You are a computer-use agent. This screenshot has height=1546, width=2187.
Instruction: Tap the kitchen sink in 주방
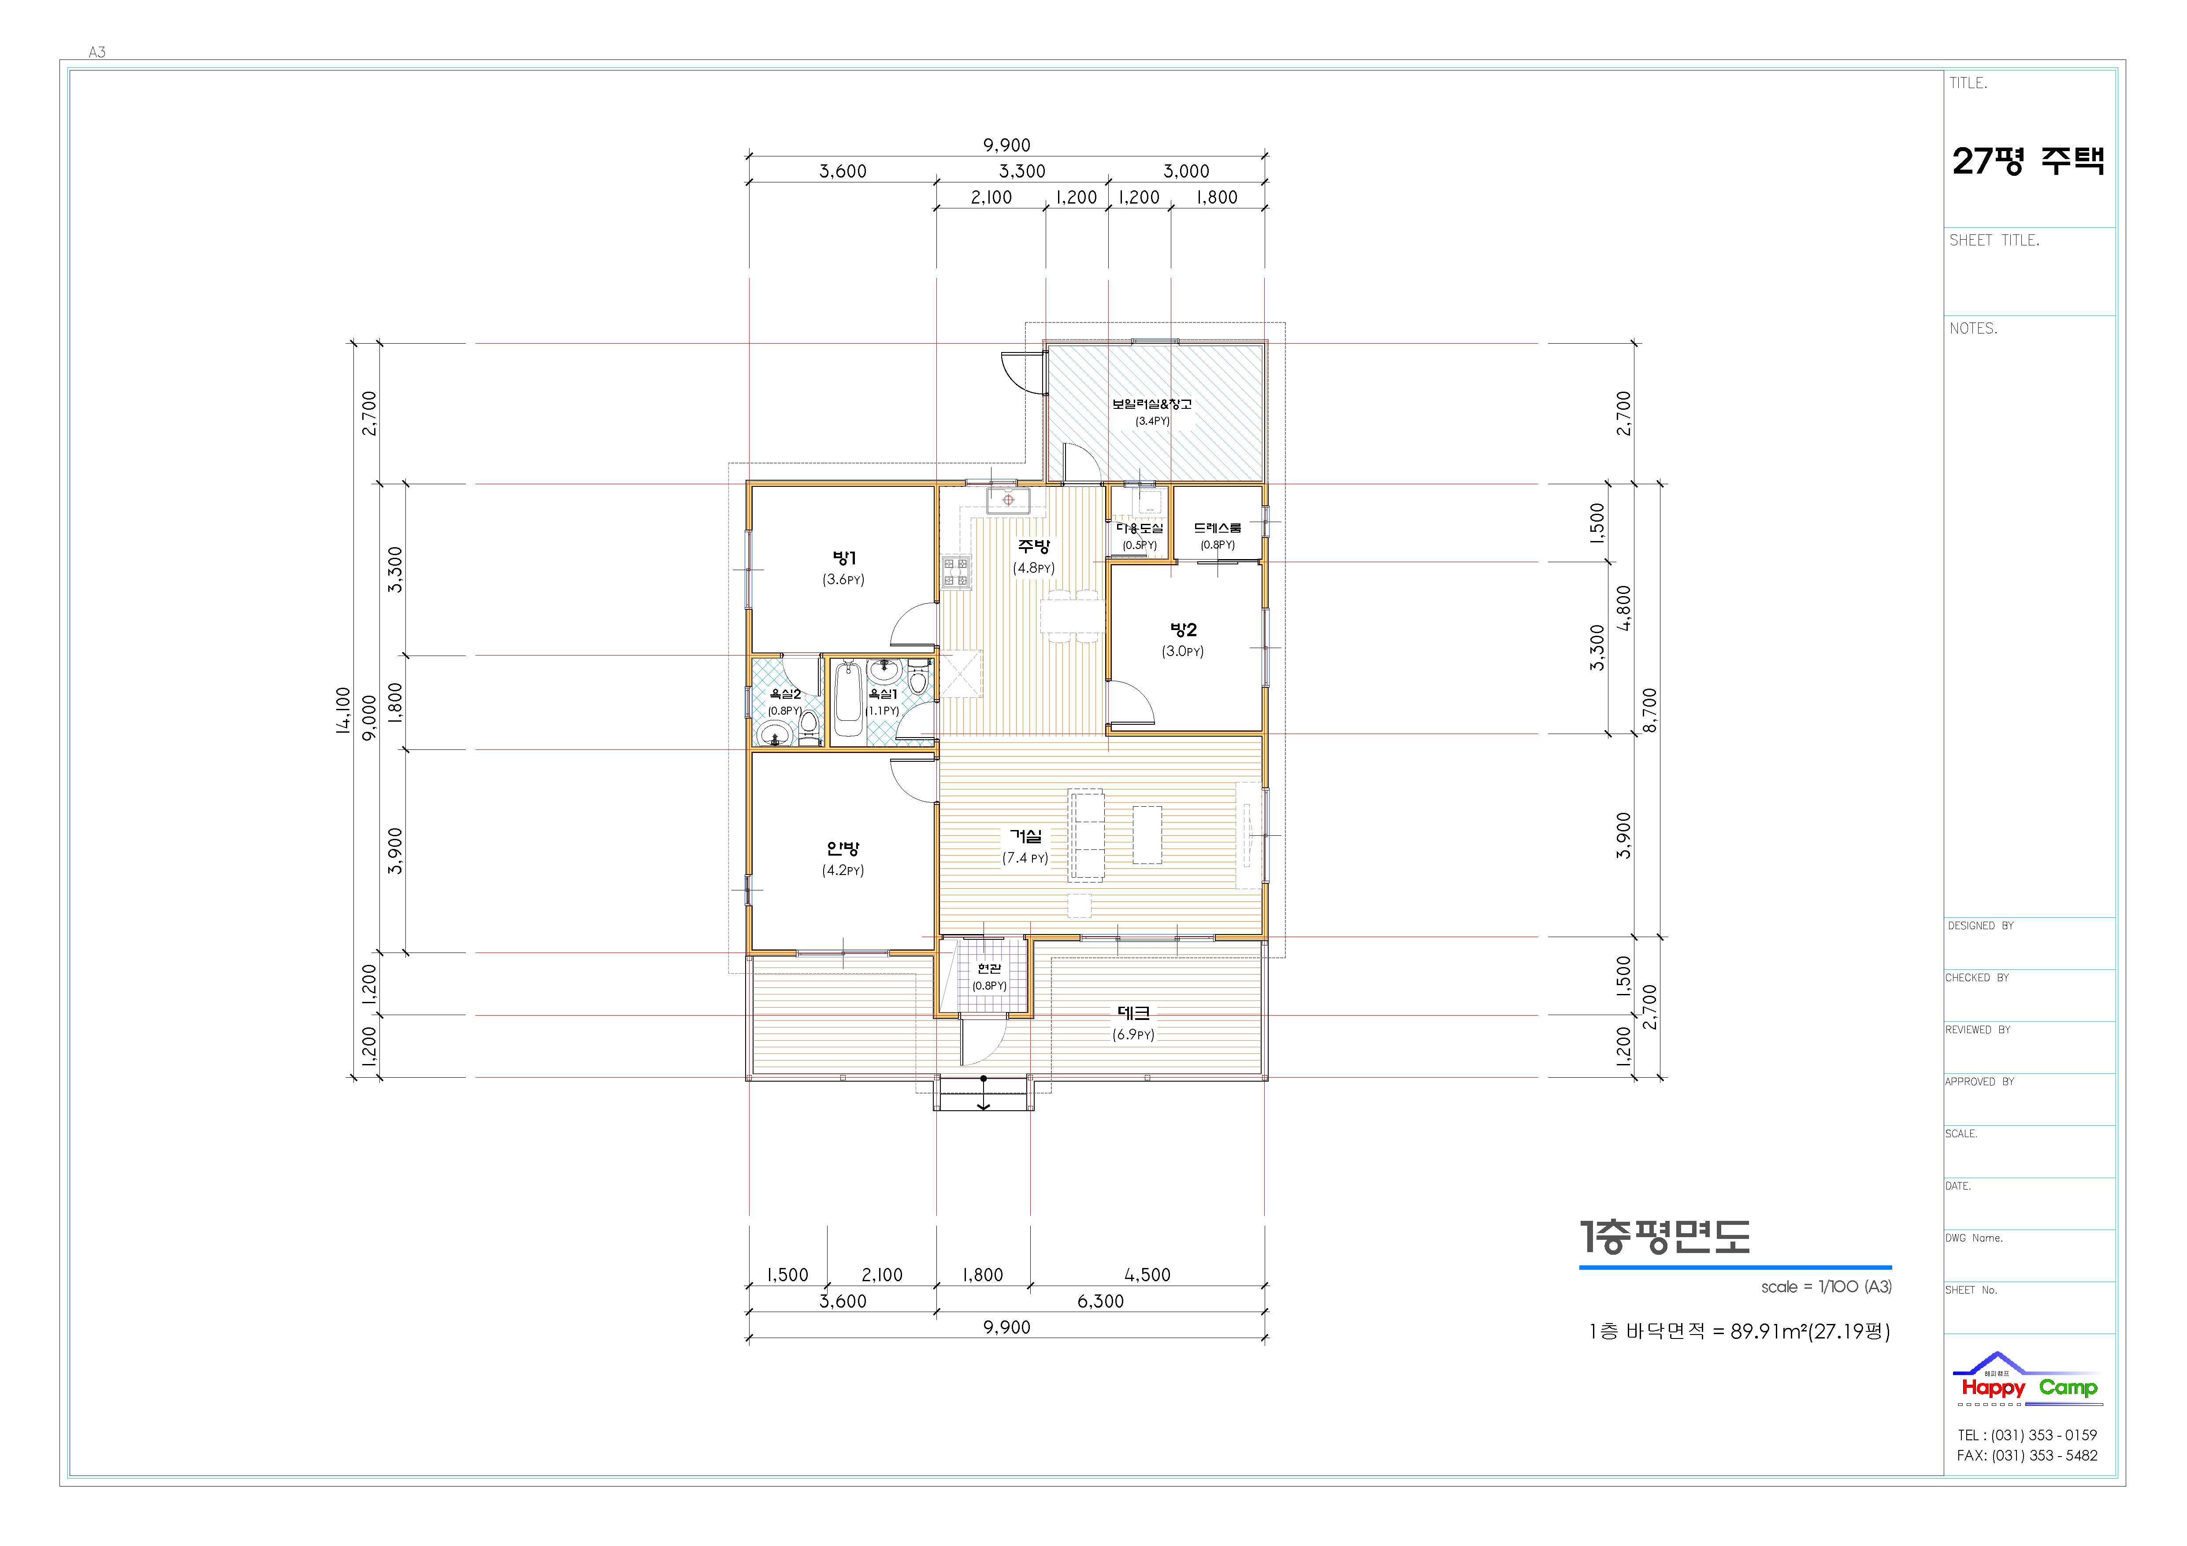coord(1008,500)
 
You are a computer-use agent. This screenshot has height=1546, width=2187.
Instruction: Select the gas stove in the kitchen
coord(956,571)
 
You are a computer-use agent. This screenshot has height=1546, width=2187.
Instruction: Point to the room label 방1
coord(844,558)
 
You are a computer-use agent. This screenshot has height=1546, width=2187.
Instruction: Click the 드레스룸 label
coord(1218,528)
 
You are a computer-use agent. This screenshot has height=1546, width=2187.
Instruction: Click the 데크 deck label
coord(1133,1013)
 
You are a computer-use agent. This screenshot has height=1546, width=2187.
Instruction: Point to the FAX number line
coord(2027,1456)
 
